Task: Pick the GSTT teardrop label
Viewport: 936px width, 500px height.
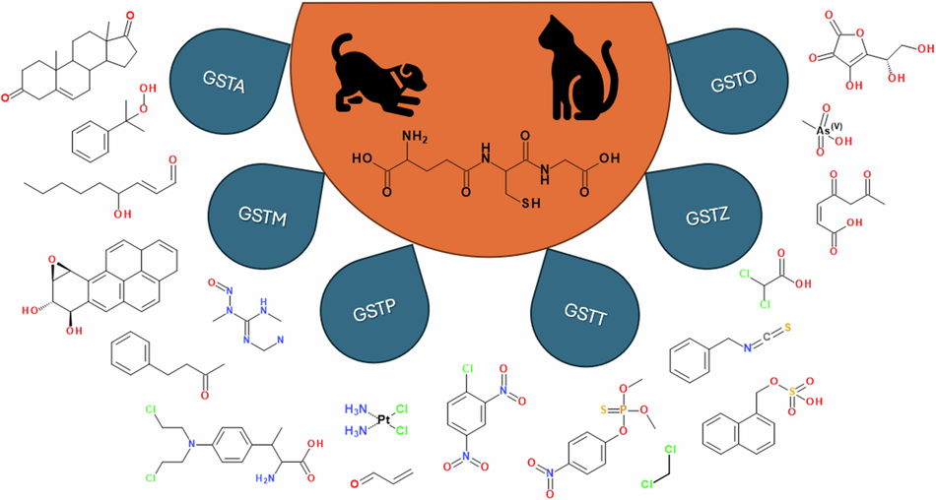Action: point(578,317)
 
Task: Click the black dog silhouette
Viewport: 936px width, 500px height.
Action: point(368,74)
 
